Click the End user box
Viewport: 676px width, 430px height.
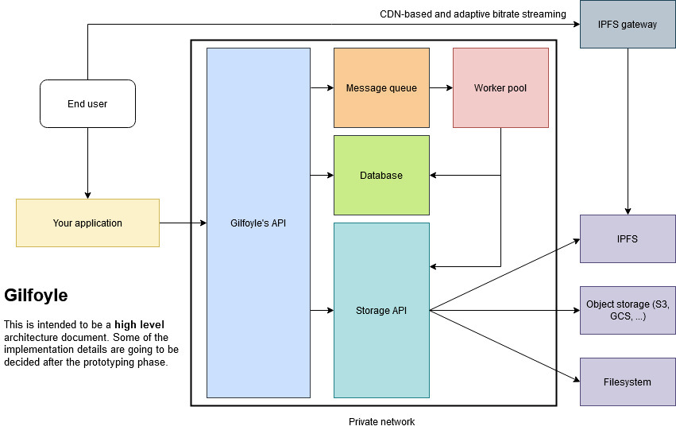[87, 103]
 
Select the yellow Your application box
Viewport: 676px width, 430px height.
[87, 223]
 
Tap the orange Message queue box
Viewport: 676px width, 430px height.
[381, 87]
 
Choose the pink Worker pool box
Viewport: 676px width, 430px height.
[500, 87]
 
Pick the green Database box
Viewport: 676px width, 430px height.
[381, 175]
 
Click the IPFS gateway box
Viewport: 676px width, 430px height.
[628, 24]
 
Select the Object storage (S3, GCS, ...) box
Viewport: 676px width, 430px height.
[628, 310]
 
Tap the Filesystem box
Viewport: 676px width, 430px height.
[628, 382]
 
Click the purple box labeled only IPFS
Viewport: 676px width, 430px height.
[628, 238]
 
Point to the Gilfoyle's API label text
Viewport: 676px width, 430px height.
[258, 223]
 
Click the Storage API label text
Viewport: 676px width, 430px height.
[381, 311]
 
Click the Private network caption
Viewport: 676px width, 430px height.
[381, 422]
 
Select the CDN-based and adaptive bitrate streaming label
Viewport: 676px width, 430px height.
[473, 14]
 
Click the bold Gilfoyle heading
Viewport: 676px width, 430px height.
[37, 296]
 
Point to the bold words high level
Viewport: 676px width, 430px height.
[139, 325]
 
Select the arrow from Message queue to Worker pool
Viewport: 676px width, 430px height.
[441, 87]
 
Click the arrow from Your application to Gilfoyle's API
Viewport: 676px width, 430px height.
[183, 223]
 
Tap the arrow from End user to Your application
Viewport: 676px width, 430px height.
[87, 163]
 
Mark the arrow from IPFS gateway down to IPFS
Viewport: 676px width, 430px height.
[628, 131]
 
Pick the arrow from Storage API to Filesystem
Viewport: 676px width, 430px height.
[505, 346]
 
